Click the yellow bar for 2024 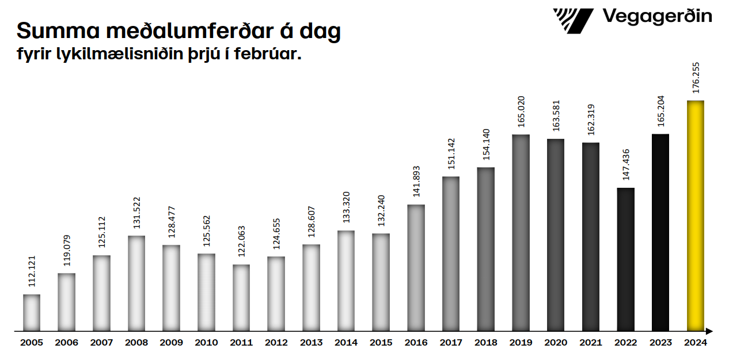pyautogui.click(x=696, y=216)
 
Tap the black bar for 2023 pyautogui.click(x=660, y=233)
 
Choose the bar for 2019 pyautogui.click(x=521, y=233)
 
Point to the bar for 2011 pyautogui.click(x=241, y=298)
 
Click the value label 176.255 pyautogui.click(x=696, y=77)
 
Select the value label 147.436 pyautogui.click(x=625, y=164)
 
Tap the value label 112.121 pyautogui.click(x=32, y=271)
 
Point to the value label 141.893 pyautogui.click(x=416, y=181)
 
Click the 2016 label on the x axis pyautogui.click(x=416, y=343)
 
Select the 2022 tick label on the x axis pyautogui.click(x=625, y=343)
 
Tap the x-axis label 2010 pyautogui.click(x=206, y=343)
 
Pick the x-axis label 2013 pyautogui.click(x=311, y=343)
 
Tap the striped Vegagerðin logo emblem pyautogui.click(x=572, y=20)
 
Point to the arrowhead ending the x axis pyautogui.click(x=709, y=331)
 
